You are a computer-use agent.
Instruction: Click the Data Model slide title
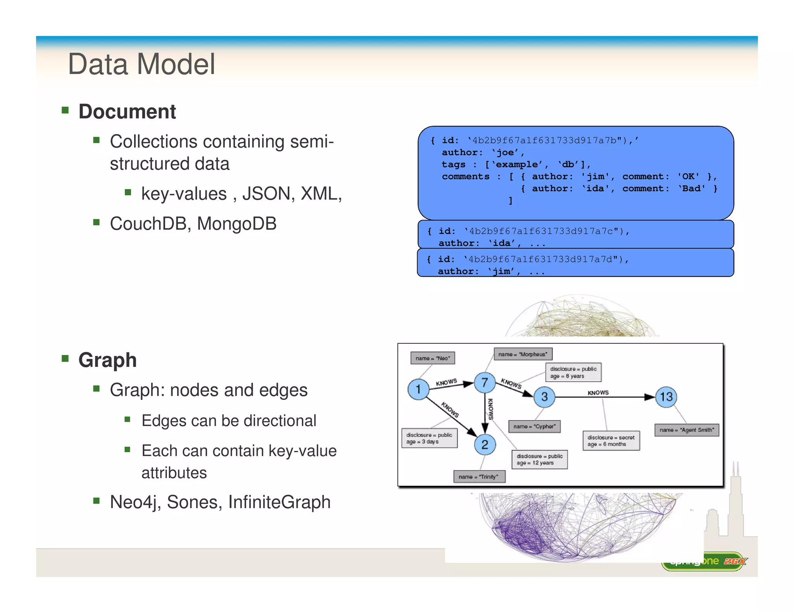(x=142, y=64)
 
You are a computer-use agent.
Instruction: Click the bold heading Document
(x=127, y=112)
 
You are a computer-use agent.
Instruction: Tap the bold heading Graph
(x=107, y=360)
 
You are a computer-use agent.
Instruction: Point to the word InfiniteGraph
(x=279, y=502)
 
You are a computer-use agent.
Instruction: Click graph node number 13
(x=666, y=397)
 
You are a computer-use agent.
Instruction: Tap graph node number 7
(x=485, y=383)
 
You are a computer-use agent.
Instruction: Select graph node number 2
(x=485, y=444)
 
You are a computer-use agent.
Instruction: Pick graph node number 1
(x=418, y=389)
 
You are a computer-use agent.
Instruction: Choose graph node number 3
(x=544, y=397)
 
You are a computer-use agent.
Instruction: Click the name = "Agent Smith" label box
(x=687, y=430)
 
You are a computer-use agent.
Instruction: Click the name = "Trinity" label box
(x=479, y=477)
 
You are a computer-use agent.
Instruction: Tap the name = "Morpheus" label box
(x=523, y=354)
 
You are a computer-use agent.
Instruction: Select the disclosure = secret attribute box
(x=611, y=441)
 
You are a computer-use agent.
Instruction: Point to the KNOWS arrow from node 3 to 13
(x=605, y=397)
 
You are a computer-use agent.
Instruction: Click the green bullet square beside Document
(x=65, y=110)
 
